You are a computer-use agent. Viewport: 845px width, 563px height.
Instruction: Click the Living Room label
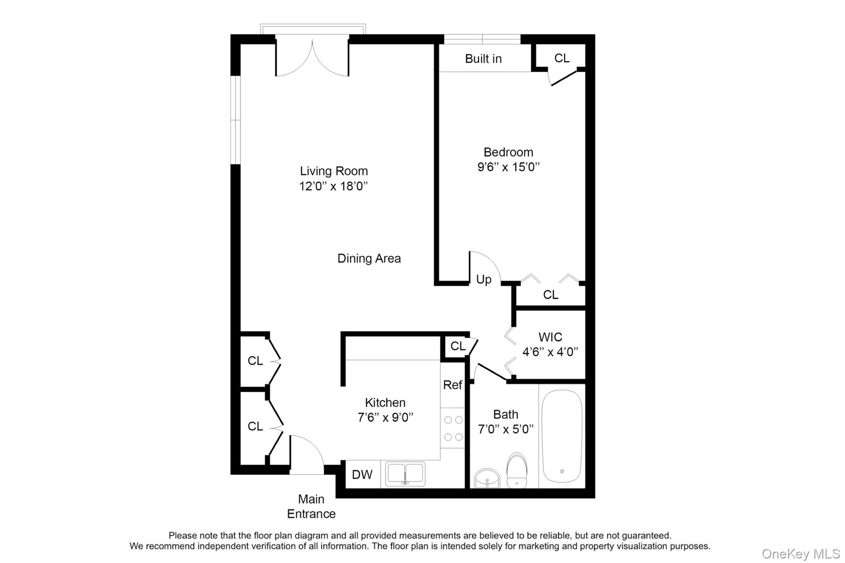tap(333, 171)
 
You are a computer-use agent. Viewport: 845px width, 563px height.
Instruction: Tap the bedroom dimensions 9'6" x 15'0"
tap(508, 167)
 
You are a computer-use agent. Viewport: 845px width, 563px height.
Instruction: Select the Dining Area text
tap(369, 259)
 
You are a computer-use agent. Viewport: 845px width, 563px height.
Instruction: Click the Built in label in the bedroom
tap(483, 59)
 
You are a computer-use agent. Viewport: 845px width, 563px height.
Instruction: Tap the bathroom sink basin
tap(487, 479)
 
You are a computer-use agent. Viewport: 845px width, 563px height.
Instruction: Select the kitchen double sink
tap(405, 474)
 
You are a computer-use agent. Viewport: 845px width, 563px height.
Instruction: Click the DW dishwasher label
tap(362, 475)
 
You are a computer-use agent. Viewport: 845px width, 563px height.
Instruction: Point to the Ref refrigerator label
tap(452, 385)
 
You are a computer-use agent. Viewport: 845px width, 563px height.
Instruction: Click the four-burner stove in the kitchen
tap(453, 429)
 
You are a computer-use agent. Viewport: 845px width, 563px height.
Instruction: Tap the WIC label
tap(550, 337)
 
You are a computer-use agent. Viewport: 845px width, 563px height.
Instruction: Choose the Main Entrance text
tap(311, 506)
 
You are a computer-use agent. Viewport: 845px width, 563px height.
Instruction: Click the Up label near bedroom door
tap(484, 280)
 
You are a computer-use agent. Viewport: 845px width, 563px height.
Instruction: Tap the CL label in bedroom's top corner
tap(562, 58)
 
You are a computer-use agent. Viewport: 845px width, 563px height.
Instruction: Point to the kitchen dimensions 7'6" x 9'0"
tap(385, 417)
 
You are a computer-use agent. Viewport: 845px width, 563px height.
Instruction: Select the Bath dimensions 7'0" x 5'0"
tap(505, 429)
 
